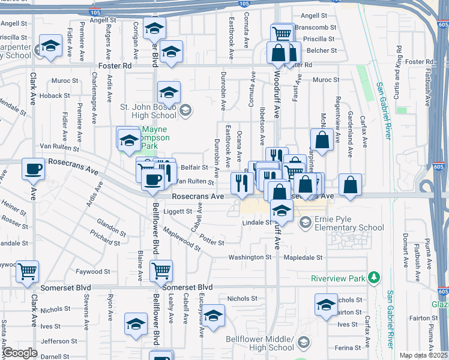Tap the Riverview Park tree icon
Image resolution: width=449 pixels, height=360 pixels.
click(x=375, y=277)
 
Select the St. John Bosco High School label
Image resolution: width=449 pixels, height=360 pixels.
click(x=148, y=111)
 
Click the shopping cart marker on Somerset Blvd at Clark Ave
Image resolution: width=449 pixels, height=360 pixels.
click(x=27, y=271)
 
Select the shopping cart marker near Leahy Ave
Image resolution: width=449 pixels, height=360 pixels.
click(x=161, y=271)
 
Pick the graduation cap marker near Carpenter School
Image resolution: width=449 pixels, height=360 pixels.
click(x=50, y=46)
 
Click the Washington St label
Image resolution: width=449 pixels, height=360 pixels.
click(x=250, y=257)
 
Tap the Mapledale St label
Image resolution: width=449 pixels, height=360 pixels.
click(x=303, y=257)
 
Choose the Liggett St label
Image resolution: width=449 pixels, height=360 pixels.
click(x=178, y=211)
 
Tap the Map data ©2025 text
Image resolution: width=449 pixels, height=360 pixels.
click(x=423, y=355)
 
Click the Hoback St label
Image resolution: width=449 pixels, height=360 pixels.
click(x=55, y=95)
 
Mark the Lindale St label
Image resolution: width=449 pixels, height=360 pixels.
click(x=258, y=223)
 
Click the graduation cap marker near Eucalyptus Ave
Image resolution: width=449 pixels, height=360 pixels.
click(x=213, y=315)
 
